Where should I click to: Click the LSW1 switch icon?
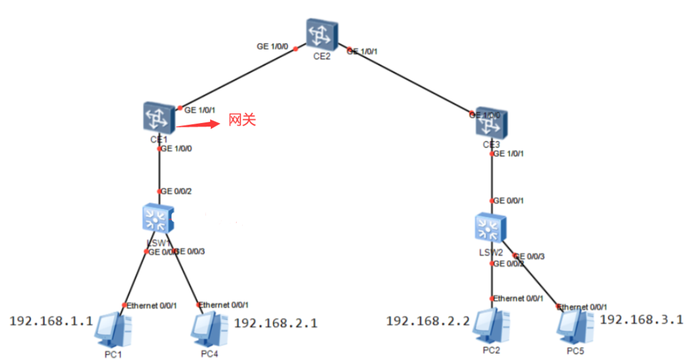pyautogui.click(x=158, y=219)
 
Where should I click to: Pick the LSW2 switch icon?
pyautogui.click(x=491, y=227)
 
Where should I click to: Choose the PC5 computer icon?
pyautogui.click(x=576, y=327)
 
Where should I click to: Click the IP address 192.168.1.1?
pyautogui.click(x=50, y=321)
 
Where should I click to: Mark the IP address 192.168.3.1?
pyautogui.click(x=641, y=319)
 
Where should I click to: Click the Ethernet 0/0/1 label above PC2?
pyautogui.click(x=518, y=298)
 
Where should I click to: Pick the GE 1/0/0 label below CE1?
pyautogui.click(x=176, y=149)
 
